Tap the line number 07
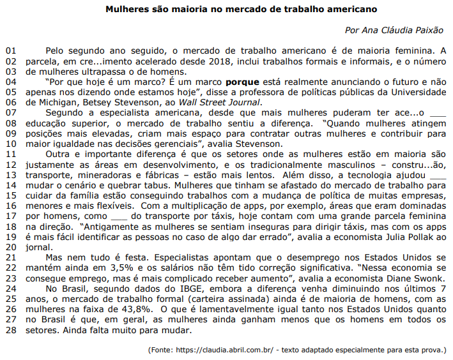click(x=12, y=113)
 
